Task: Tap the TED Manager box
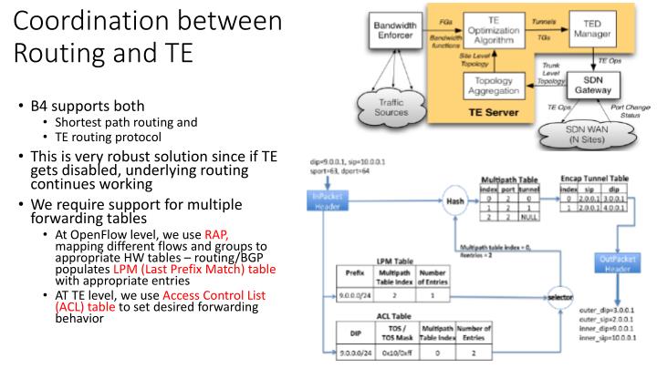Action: [593, 31]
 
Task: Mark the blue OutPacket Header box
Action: [615, 263]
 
